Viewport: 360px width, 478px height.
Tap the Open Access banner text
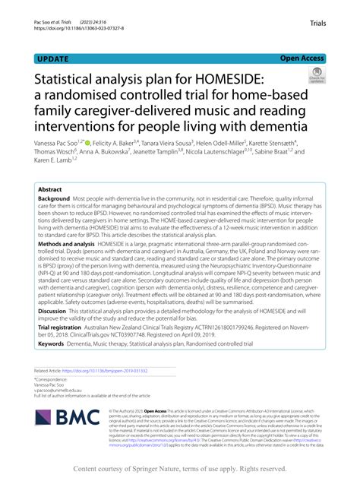click(x=302, y=57)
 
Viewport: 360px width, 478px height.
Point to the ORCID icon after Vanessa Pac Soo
click(x=109, y=141)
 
